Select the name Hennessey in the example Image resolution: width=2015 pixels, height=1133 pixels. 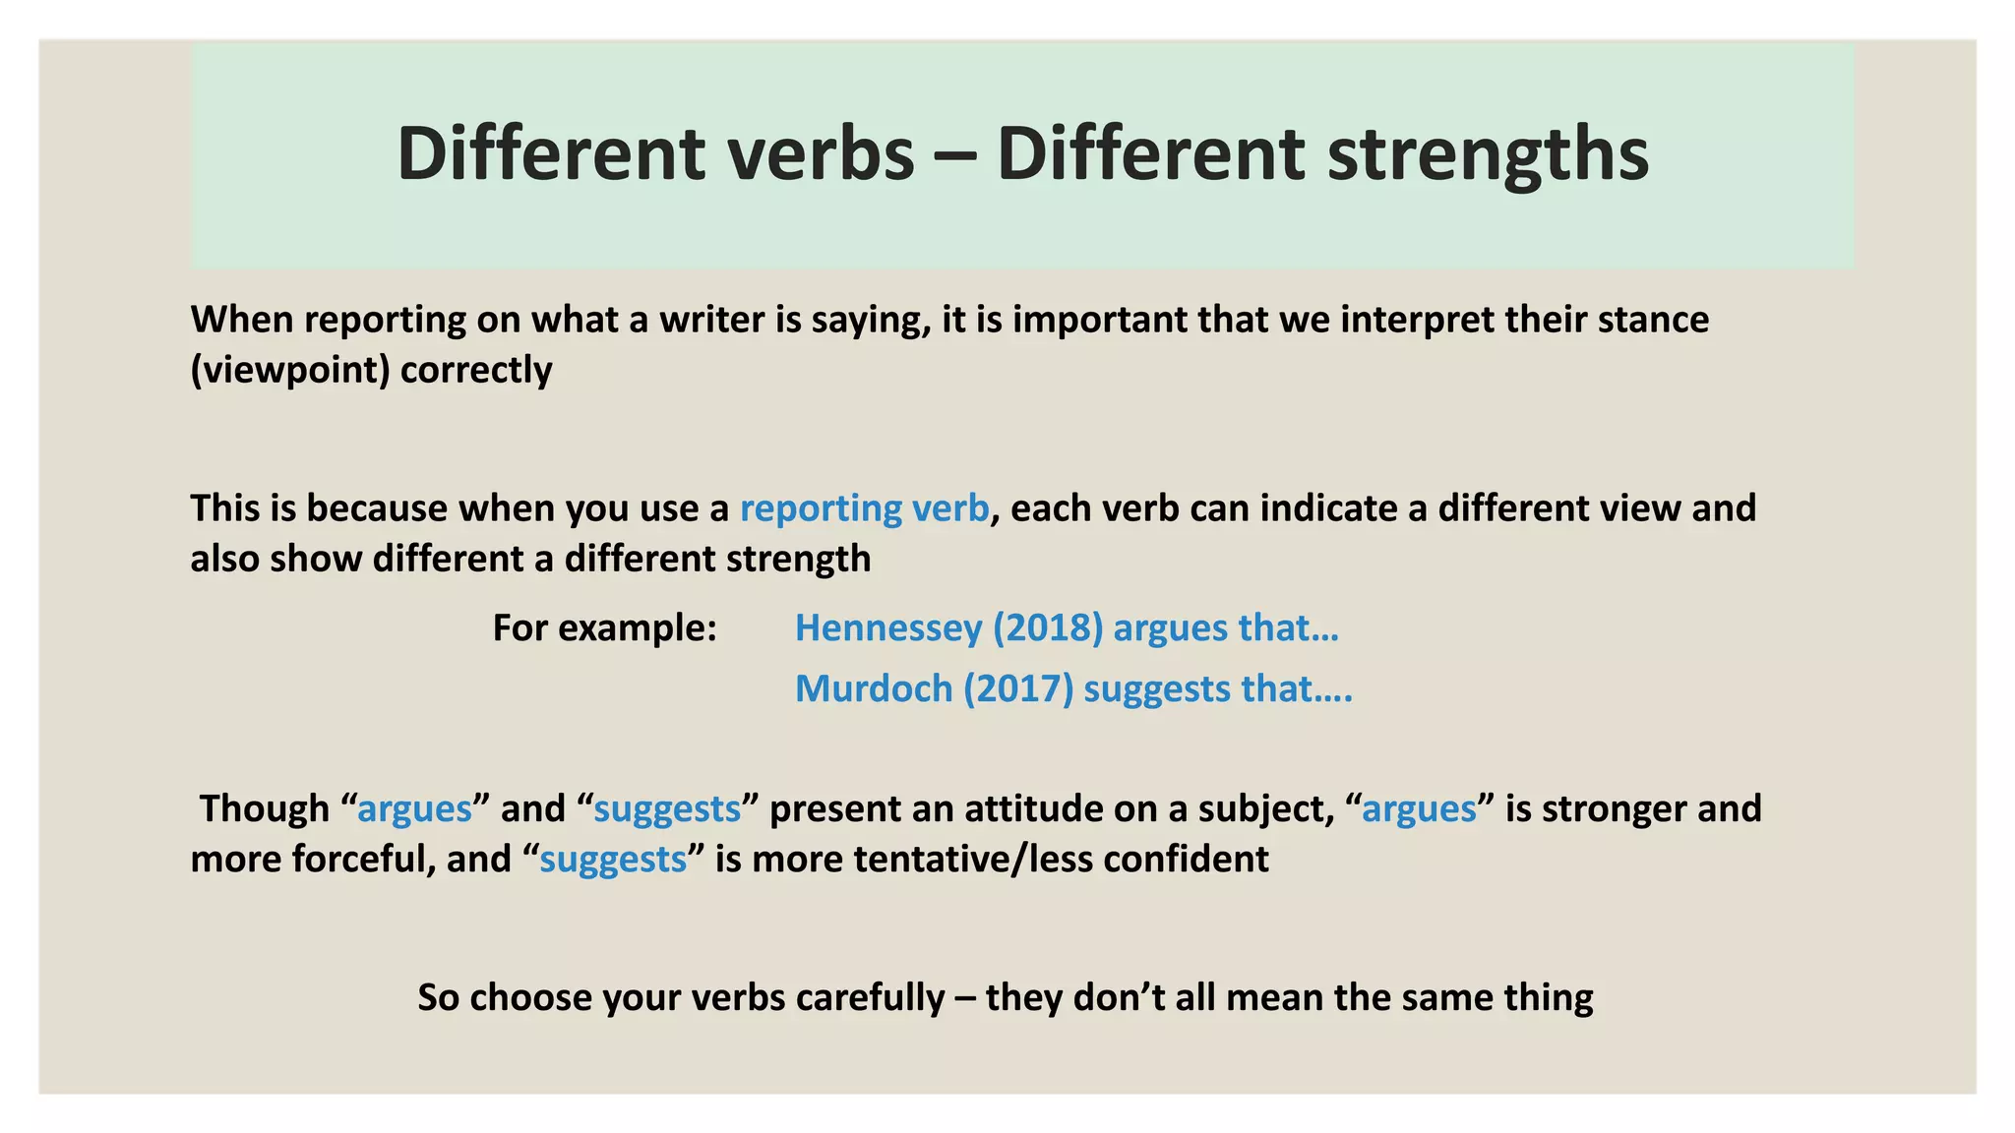[x=887, y=627]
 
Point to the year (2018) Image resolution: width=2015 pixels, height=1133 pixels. [x=1048, y=627]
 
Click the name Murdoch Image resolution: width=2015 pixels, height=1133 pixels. [x=874, y=688]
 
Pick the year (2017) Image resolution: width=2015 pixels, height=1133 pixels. [x=1018, y=688]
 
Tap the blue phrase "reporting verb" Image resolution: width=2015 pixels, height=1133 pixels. [x=864, y=508]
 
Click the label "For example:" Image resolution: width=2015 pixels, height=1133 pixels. [x=604, y=627]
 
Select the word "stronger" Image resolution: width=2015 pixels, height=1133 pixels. [x=1614, y=808]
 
